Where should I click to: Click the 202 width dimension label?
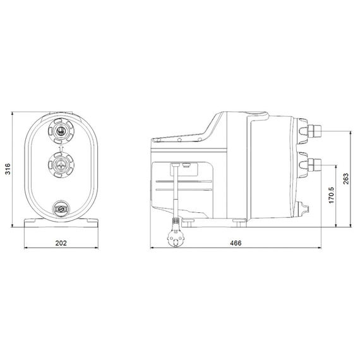(61, 243)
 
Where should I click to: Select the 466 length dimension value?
(236, 243)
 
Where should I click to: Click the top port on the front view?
(62, 131)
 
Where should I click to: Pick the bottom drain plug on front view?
(61, 208)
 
